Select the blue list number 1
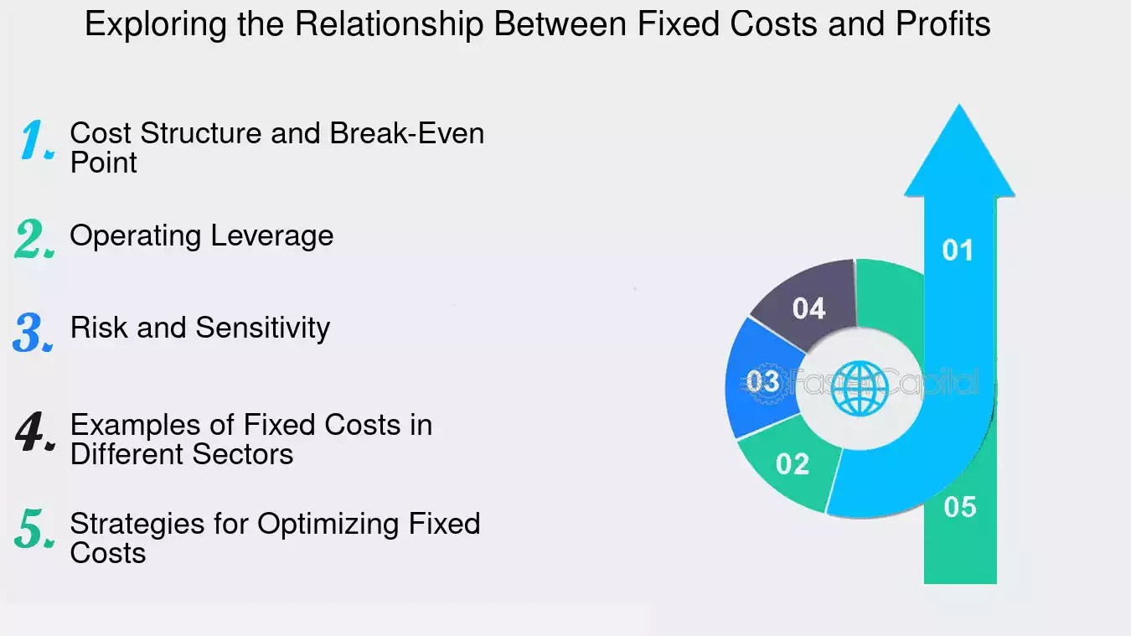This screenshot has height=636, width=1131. [37, 141]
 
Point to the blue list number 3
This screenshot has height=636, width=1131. [34, 332]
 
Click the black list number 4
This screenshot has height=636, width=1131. [36, 432]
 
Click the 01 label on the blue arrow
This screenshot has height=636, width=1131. [958, 251]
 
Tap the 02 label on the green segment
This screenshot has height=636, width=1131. [793, 463]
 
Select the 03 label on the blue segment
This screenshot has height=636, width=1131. [763, 382]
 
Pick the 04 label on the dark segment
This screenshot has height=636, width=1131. [809, 308]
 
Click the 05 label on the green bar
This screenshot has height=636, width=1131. [960, 507]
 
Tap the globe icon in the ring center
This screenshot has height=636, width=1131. [859, 387]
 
